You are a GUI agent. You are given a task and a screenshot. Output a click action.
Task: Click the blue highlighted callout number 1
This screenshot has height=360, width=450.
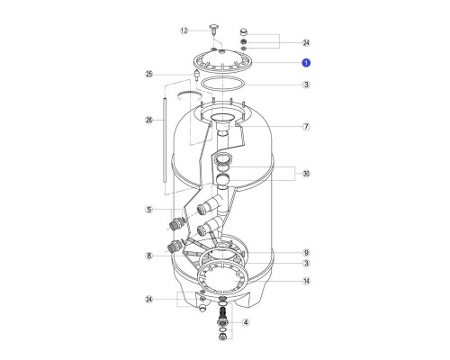pyautogui.click(x=306, y=63)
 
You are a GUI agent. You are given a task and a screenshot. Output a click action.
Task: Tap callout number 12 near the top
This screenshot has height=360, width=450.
pyautogui.click(x=184, y=31)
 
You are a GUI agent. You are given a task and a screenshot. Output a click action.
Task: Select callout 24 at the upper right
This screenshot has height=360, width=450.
pyautogui.click(x=306, y=43)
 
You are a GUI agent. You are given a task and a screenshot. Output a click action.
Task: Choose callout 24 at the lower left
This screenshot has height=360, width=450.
pyautogui.click(x=149, y=300)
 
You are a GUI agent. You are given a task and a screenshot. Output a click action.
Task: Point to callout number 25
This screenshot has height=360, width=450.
pyautogui.click(x=149, y=74)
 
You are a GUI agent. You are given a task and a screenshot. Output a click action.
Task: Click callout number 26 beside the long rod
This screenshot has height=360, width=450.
pyautogui.click(x=149, y=121)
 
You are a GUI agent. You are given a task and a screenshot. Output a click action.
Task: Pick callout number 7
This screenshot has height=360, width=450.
pyautogui.click(x=306, y=127)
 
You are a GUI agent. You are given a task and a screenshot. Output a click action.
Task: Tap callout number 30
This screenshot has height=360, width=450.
pyautogui.click(x=306, y=174)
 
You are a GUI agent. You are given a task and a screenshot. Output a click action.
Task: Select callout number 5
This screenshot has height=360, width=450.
pyautogui.click(x=149, y=210)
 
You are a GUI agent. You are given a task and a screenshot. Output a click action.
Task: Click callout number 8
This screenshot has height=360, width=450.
pyautogui.click(x=149, y=256)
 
